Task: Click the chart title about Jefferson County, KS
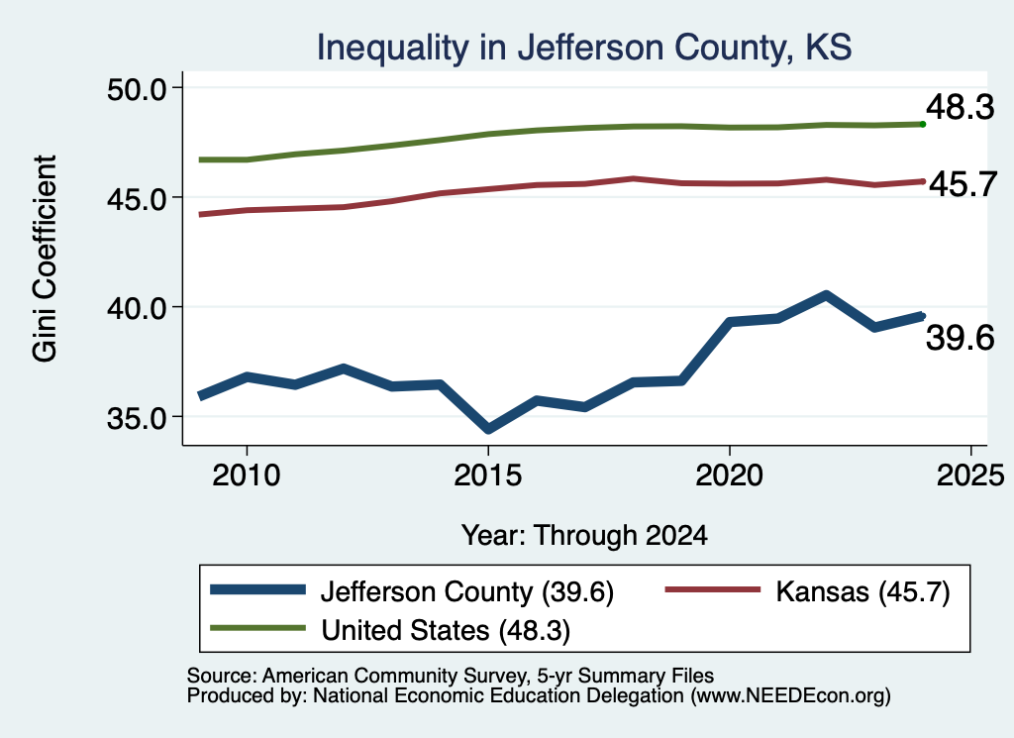coord(584,48)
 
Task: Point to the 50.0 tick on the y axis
coord(137,89)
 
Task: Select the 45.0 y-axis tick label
coord(137,198)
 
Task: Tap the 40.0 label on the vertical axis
coord(137,308)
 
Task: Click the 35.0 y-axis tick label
coord(137,418)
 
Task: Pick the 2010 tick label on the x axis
coord(247,476)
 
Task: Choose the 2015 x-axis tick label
coord(487,476)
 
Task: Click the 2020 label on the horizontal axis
coord(730,476)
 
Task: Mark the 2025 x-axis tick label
coord(970,476)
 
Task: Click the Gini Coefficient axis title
coord(45,259)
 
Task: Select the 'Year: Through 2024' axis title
coord(584,536)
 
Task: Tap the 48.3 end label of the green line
coord(961,107)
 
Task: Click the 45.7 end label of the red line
coord(963,185)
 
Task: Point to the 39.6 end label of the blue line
coord(961,338)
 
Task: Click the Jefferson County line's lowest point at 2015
coord(488,429)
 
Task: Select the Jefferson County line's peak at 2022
coord(826,295)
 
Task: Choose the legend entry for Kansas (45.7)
coord(808,591)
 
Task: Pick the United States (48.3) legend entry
coord(390,630)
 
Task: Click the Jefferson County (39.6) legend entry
coord(412,591)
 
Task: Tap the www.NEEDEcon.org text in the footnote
coord(790,696)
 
